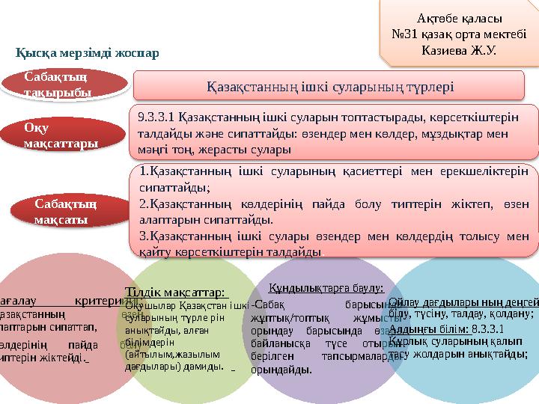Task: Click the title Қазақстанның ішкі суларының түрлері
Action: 330,86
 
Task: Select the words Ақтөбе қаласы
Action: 457,19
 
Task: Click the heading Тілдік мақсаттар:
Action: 177,291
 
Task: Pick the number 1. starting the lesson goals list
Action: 144,173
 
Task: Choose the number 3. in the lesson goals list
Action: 144,236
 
